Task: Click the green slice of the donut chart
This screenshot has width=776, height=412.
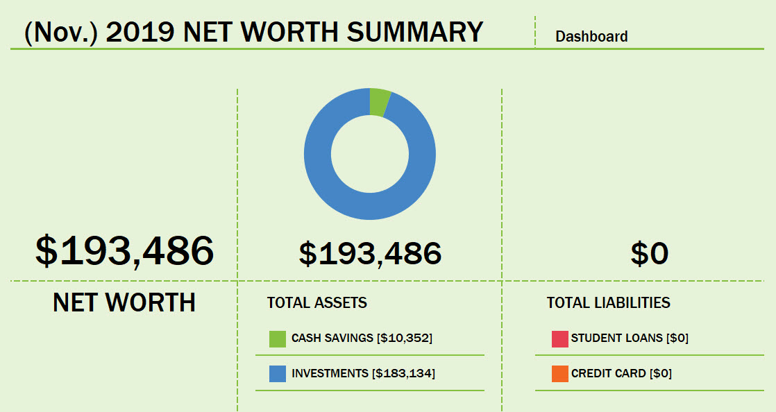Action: pos(380,101)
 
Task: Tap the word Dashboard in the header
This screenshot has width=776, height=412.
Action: pos(591,36)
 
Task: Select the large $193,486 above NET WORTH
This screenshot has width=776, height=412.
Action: pos(125,251)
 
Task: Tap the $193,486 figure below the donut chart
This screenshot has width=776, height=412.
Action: pos(370,254)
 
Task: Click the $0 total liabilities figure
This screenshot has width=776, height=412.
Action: pos(649,254)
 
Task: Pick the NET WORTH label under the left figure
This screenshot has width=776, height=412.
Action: pos(124,302)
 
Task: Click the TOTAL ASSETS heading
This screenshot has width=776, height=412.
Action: pos(317,302)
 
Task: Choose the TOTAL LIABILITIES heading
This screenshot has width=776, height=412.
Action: pos(608,302)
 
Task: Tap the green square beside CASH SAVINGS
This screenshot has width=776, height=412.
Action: pos(278,338)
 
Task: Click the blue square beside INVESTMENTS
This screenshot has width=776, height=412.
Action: pos(278,374)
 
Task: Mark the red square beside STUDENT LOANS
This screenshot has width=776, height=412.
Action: pos(560,338)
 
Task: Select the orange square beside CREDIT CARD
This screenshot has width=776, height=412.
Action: pos(560,374)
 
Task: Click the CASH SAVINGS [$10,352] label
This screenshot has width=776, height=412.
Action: pos(362,338)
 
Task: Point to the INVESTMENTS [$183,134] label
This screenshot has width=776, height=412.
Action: pos(363,374)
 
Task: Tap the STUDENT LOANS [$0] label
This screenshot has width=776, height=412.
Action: pos(630,338)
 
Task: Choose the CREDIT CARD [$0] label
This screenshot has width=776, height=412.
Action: pos(621,374)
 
